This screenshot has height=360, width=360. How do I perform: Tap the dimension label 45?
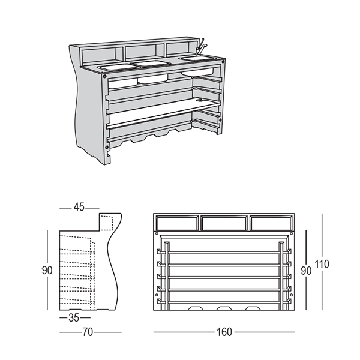click(x=79, y=207)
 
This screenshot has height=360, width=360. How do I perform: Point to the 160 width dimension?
click(x=224, y=331)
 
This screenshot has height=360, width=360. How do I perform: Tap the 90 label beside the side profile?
click(x=47, y=270)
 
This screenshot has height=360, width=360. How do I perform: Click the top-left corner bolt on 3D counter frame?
click(x=106, y=77)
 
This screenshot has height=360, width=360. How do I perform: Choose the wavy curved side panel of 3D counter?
click(x=84, y=108)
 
